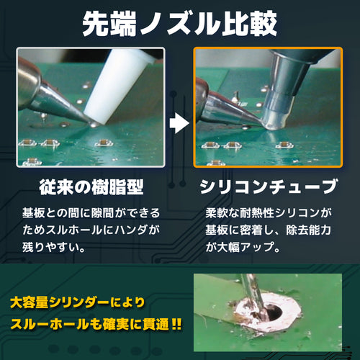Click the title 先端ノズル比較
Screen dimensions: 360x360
coord(180,24)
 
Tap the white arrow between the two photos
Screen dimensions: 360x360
coord(179,123)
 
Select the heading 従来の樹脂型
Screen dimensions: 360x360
coord(91,187)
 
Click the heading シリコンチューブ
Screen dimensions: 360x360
coord(269,187)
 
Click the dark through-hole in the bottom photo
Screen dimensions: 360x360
coord(274,312)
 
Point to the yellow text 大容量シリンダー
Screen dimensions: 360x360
coord(60,302)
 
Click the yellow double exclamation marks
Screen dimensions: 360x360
coord(176,325)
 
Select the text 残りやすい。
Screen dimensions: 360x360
coord(54,247)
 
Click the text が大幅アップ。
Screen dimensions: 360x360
coord(243,247)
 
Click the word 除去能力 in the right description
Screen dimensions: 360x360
coord(308,230)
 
